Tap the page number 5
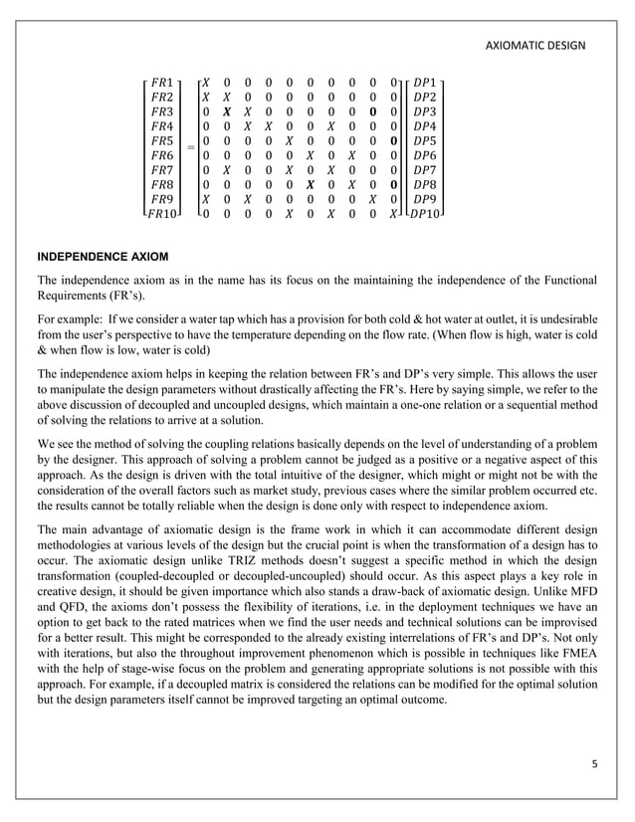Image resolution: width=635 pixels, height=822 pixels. point(591,762)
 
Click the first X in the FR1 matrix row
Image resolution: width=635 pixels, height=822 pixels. point(205,81)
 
